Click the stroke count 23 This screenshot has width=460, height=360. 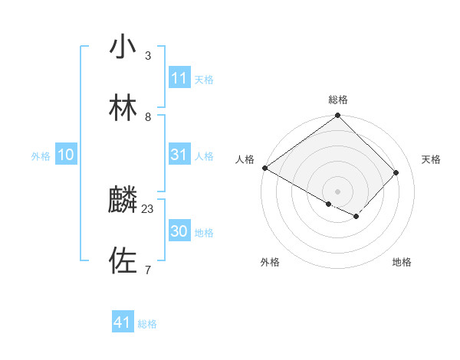click(x=148, y=208)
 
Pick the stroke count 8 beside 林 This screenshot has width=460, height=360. click(x=148, y=116)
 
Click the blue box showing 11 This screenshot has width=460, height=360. click(x=179, y=78)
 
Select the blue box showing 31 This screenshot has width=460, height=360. click(x=179, y=155)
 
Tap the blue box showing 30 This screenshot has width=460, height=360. click(x=179, y=231)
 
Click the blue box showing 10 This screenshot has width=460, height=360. click(x=65, y=155)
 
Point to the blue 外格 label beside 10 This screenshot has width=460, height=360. click(x=41, y=155)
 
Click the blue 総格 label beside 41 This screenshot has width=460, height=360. click(x=147, y=324)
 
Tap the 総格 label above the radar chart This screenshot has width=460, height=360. click(x=338, y=100)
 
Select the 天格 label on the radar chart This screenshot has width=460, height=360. click(x=431, y=159)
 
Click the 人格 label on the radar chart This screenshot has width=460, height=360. click(x=245, y=159)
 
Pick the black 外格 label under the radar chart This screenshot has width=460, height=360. click(x=269, y=263)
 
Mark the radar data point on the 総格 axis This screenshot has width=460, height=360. click(x=338, y=116)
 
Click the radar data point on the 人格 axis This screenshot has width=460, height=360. click(x=264, y=168)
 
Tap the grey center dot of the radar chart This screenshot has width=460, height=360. click(x=338, y=191)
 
